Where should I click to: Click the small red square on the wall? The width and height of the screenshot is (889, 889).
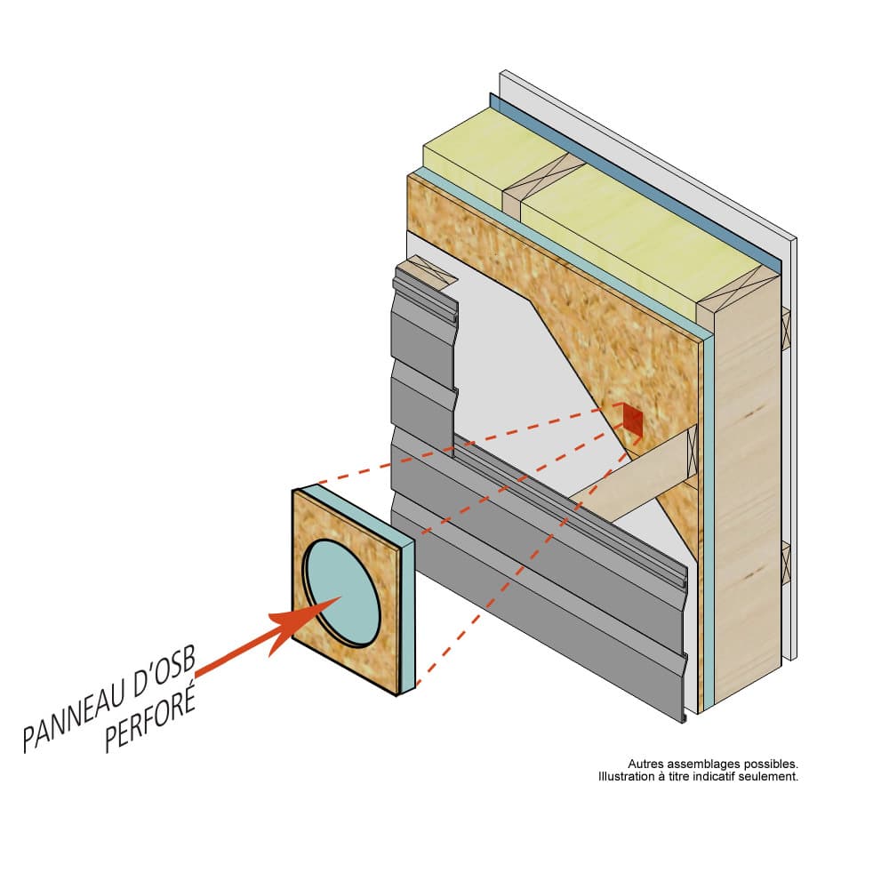click(632, 419)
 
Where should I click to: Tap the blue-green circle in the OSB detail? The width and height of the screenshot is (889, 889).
click(342, 592)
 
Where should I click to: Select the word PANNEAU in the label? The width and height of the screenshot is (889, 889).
click(84, 711)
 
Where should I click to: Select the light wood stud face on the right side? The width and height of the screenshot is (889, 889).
click(747, 498)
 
